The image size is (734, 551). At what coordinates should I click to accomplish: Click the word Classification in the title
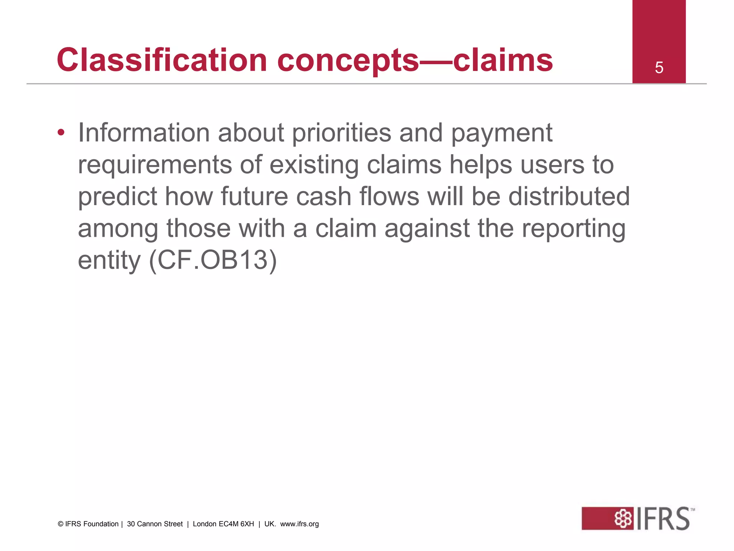coord(162,60)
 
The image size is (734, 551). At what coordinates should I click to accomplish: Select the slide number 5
coord(659,68)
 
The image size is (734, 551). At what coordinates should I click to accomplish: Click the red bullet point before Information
coord(61,133)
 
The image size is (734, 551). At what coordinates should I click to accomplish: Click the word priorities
coord(342,133)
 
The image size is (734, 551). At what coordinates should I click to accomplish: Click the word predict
coord(118,197)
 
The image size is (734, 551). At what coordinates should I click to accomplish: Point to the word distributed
coord(569,197)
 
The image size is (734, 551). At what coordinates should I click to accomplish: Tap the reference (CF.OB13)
coord(213,260)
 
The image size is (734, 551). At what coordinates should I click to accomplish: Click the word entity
coord(109,261)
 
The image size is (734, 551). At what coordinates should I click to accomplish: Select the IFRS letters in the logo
coord(663,519)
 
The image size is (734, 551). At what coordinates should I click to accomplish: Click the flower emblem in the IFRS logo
coord(624,519)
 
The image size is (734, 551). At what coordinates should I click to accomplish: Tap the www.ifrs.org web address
coord(299,524)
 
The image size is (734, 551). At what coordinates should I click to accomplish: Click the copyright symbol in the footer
coord(60,524)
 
